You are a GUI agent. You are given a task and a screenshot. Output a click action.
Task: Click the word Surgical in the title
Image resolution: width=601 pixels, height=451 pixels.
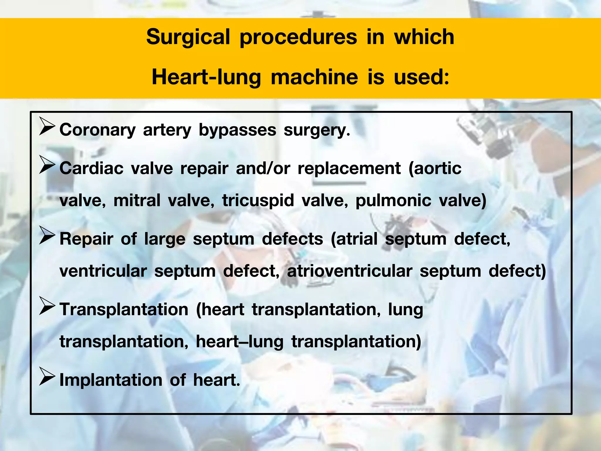pos(188,38)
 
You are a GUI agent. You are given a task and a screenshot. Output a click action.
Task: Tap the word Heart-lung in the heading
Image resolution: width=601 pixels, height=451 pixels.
pos(206,78)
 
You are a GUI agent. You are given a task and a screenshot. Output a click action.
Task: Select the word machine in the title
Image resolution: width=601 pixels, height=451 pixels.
pos(314,77)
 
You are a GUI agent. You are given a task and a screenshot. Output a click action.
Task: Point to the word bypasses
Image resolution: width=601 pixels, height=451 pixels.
pos(237,130)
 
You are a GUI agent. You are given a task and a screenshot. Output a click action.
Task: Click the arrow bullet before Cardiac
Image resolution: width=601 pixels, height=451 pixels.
pos(47,165)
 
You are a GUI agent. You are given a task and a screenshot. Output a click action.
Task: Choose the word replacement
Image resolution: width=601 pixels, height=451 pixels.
pos(349,169)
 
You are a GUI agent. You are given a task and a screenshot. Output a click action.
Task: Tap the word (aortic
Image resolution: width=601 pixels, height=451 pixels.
pos(435,169)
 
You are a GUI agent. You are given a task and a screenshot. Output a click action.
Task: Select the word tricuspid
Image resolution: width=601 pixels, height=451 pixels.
pos(258,201)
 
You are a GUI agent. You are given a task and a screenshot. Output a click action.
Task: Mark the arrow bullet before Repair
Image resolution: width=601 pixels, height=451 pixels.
pos(47,235)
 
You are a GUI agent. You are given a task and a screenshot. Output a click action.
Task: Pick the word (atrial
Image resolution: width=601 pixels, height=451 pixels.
pos(354,239)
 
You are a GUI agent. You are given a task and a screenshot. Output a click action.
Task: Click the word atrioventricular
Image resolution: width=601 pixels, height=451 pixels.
pos(350,271)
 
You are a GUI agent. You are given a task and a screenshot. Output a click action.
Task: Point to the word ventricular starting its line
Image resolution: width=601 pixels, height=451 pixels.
pos(103,271)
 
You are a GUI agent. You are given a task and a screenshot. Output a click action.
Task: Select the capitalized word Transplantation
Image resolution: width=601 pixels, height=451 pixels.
pos(124,309)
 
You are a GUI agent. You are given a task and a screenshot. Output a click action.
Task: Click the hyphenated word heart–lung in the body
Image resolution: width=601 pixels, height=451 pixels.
pos(240,342)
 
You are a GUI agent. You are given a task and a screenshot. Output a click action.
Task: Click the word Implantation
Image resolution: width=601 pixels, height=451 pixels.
pos(111,380)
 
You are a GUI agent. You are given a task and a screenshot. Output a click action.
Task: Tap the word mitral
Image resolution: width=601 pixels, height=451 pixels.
pos(137,201)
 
